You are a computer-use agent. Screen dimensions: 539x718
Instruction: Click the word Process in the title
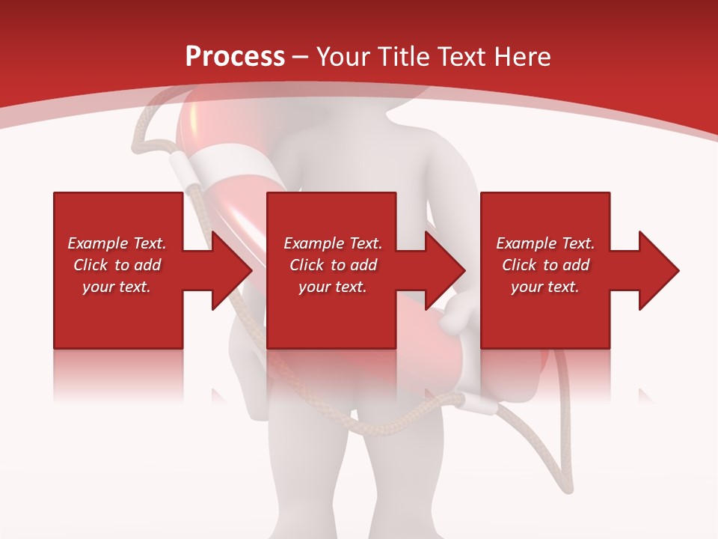tap(235, 57)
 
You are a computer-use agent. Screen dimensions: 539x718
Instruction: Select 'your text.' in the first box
tap(117, 287)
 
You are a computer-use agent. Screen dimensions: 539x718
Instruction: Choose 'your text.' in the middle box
tap(332, 287)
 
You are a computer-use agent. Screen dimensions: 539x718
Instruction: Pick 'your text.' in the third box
tap(545, 287)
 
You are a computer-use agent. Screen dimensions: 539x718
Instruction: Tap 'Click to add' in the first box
tap(117, 265)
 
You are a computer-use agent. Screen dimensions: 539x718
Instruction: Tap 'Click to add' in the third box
tap(545, 265)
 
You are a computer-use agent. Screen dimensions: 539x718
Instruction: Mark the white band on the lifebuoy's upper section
tap(224, 168)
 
